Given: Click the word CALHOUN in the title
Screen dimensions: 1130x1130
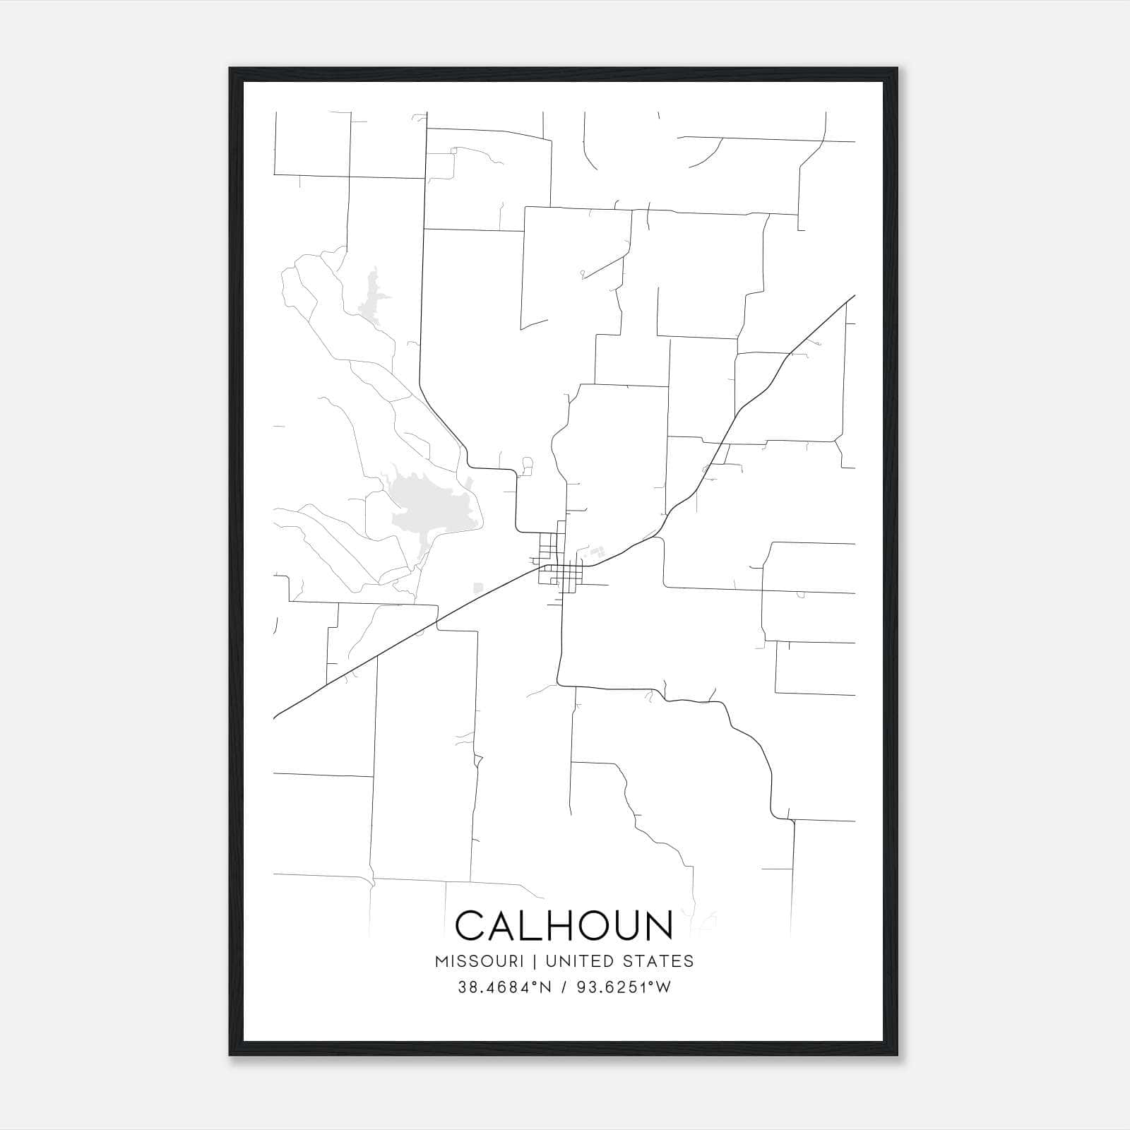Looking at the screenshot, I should click(x=564, y=925).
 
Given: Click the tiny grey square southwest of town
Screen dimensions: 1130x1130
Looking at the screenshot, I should click(x=477, y=587).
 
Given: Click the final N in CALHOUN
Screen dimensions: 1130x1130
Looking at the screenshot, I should click(x=657, y=925).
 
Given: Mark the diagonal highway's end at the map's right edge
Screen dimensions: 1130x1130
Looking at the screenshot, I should click(x=854, y=296).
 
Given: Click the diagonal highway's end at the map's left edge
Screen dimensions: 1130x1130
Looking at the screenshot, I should click(x=275, y=717).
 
